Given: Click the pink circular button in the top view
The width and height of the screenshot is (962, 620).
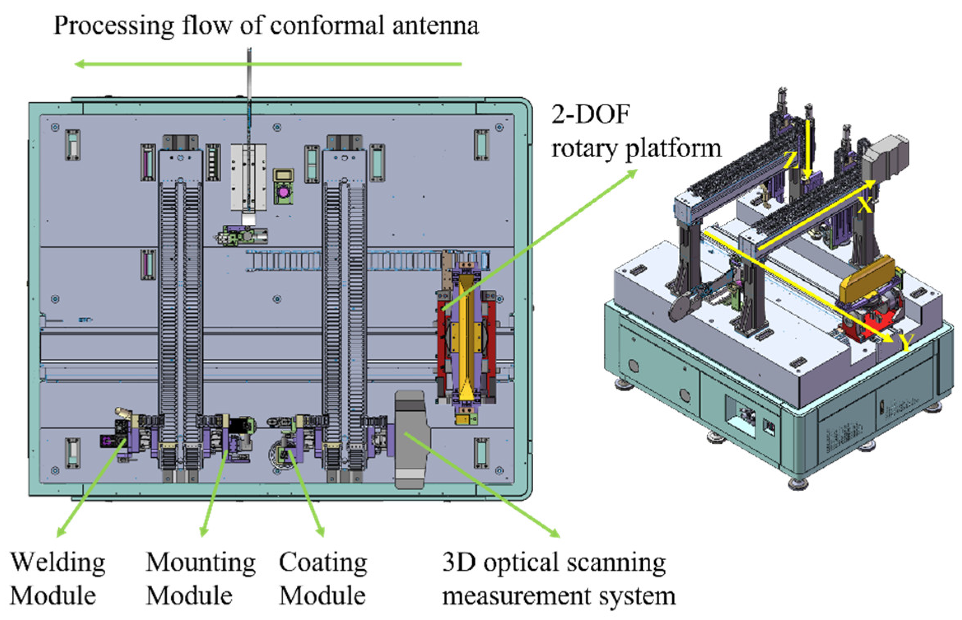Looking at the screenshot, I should (x=283, y=192).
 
